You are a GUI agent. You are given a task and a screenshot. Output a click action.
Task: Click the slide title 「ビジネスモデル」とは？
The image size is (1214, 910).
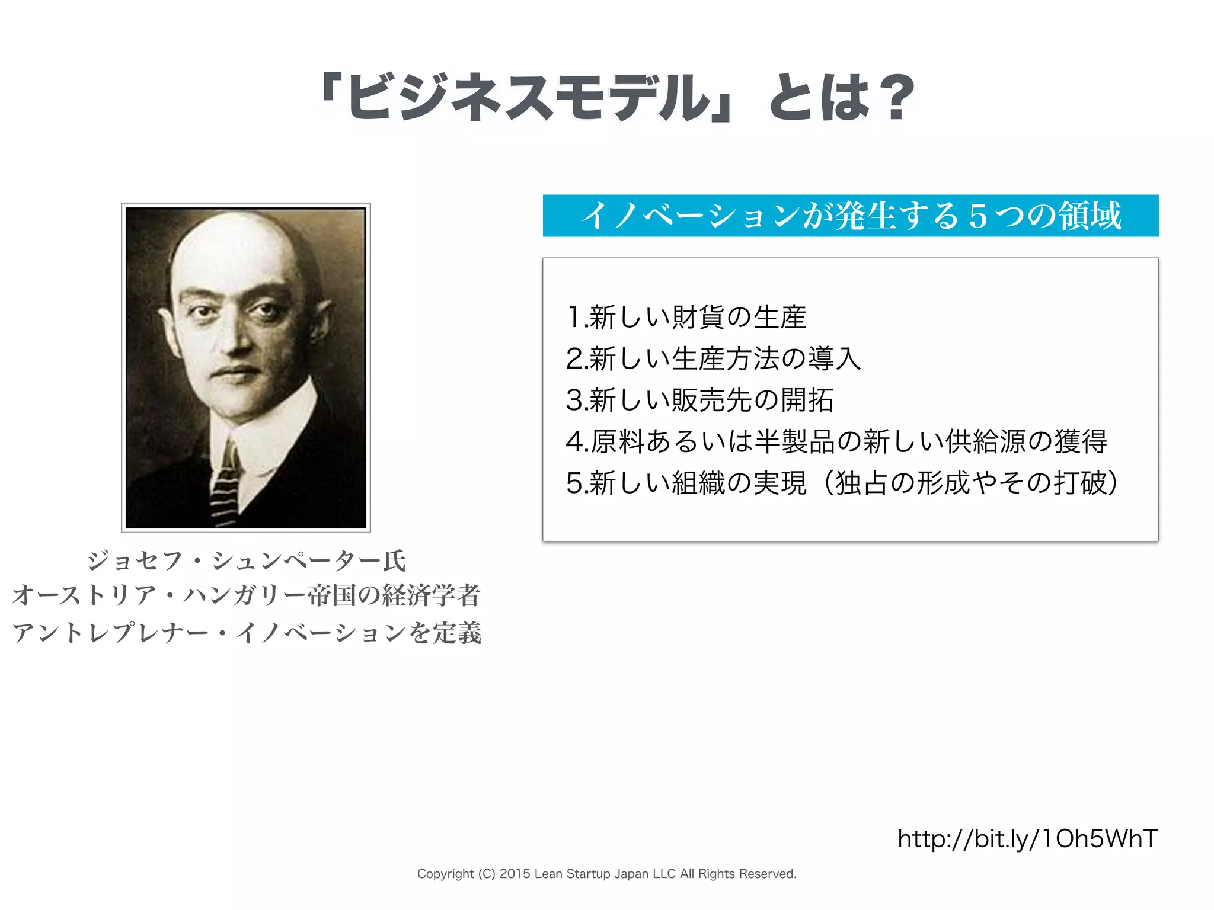pos(616,98)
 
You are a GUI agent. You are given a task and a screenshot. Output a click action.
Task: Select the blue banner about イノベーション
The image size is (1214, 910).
pos(850,216)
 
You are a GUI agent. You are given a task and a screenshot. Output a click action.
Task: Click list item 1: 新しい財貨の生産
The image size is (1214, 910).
pos(686,317)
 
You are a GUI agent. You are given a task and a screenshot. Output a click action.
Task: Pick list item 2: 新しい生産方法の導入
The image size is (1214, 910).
pos(713,358)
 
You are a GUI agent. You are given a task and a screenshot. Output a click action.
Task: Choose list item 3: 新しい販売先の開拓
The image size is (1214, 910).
pos(699,400)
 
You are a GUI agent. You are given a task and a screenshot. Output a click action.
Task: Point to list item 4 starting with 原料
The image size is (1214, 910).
pos(836,441)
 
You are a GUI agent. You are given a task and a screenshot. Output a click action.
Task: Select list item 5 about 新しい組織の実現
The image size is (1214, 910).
pos(842,483)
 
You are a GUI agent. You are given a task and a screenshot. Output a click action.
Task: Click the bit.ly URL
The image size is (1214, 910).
pos(1027,839)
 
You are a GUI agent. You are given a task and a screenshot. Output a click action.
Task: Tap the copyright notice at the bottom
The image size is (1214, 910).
pos(606,874)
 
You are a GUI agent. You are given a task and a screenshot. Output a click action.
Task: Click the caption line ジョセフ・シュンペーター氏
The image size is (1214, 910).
pos(247,560)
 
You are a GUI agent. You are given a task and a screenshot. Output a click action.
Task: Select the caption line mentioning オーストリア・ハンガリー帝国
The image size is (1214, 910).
pos(247,595)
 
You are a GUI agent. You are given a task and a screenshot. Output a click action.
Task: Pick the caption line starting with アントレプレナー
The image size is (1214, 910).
pos(247,633)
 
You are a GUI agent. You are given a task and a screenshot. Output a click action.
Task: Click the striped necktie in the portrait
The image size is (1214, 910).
pos(225,486)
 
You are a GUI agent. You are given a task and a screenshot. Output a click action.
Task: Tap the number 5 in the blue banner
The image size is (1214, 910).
pos(977,216)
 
